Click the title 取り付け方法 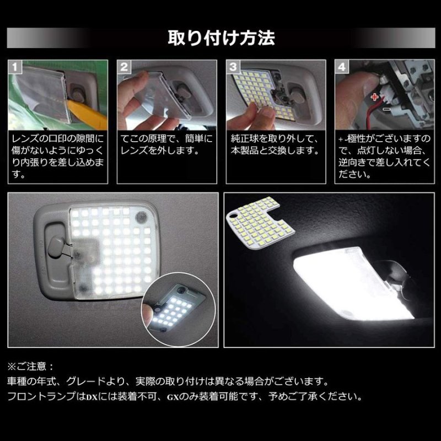pos(220,39)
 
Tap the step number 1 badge pos(17,67)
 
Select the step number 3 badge pos(233,67)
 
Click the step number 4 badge pos(342,67)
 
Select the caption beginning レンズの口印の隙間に pos(57,156)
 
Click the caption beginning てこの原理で pos(165,144)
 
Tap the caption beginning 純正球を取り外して pos(274,144)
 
